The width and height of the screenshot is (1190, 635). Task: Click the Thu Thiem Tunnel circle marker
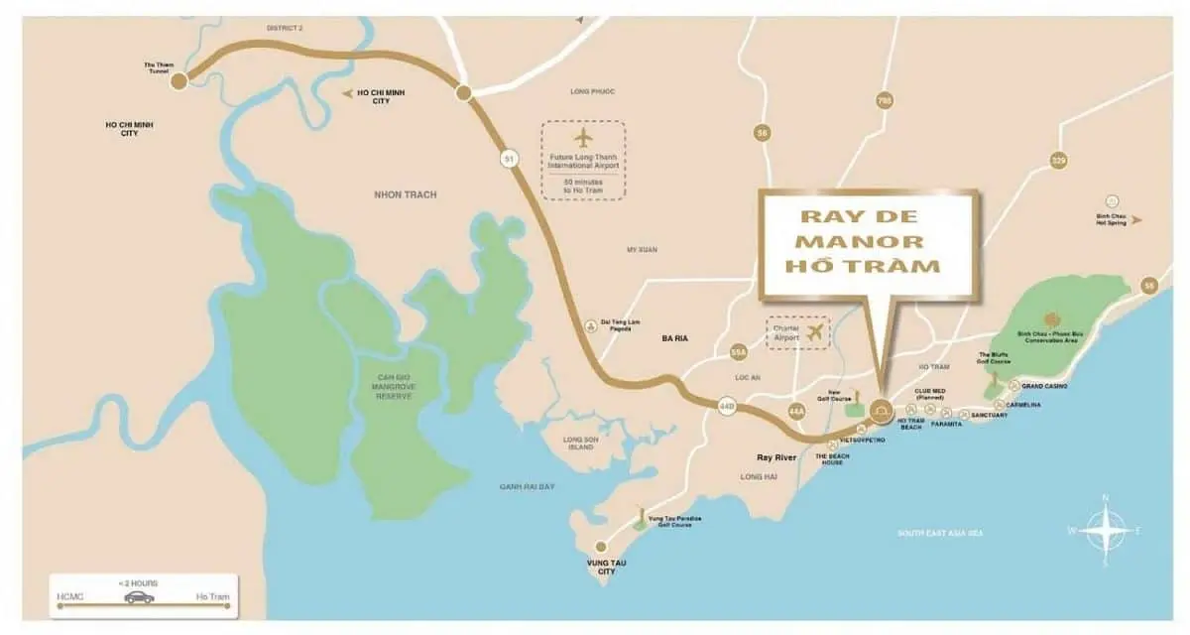pos(178,80)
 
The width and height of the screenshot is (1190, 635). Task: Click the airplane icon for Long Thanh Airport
pos(583,136)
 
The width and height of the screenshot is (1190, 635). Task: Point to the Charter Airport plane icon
pos(815,332)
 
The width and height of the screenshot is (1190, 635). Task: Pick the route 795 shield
pos(885,100)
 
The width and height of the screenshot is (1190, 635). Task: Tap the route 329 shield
pos(1058,161)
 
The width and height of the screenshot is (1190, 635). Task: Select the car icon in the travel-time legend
pos(139,597)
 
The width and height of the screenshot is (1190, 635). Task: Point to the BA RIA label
pos(674,339)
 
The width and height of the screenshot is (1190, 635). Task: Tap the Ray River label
pos(777,457)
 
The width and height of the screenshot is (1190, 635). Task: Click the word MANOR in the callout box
pos(868,241)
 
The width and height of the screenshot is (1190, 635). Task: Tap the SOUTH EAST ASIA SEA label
pos(940,534)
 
